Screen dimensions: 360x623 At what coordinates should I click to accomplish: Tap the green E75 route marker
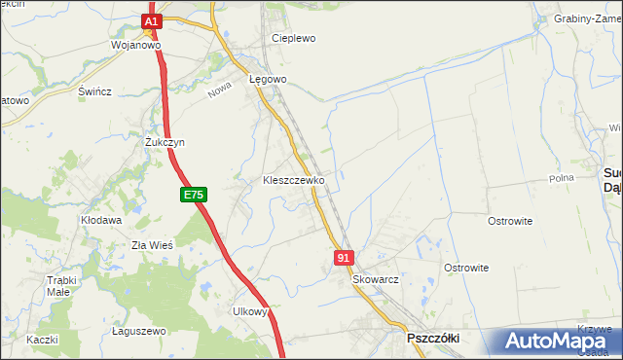[193, 196]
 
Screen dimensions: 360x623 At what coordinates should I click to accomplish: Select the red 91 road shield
[343, 257]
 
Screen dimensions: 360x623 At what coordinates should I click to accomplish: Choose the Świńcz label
[95, 91]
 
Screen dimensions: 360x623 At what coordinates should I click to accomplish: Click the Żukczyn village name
[165, 142]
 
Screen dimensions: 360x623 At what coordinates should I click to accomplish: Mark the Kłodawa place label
[101, 221]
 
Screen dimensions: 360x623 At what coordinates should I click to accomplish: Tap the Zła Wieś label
[152, 245]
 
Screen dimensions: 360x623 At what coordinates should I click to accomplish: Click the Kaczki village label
[43, 340]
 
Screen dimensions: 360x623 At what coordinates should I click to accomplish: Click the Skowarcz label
[376, 278]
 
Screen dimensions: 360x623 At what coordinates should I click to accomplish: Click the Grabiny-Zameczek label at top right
[587, 18]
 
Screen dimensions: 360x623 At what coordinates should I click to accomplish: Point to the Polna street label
[562, 178]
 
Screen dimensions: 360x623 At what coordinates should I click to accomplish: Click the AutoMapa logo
[552, 342]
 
